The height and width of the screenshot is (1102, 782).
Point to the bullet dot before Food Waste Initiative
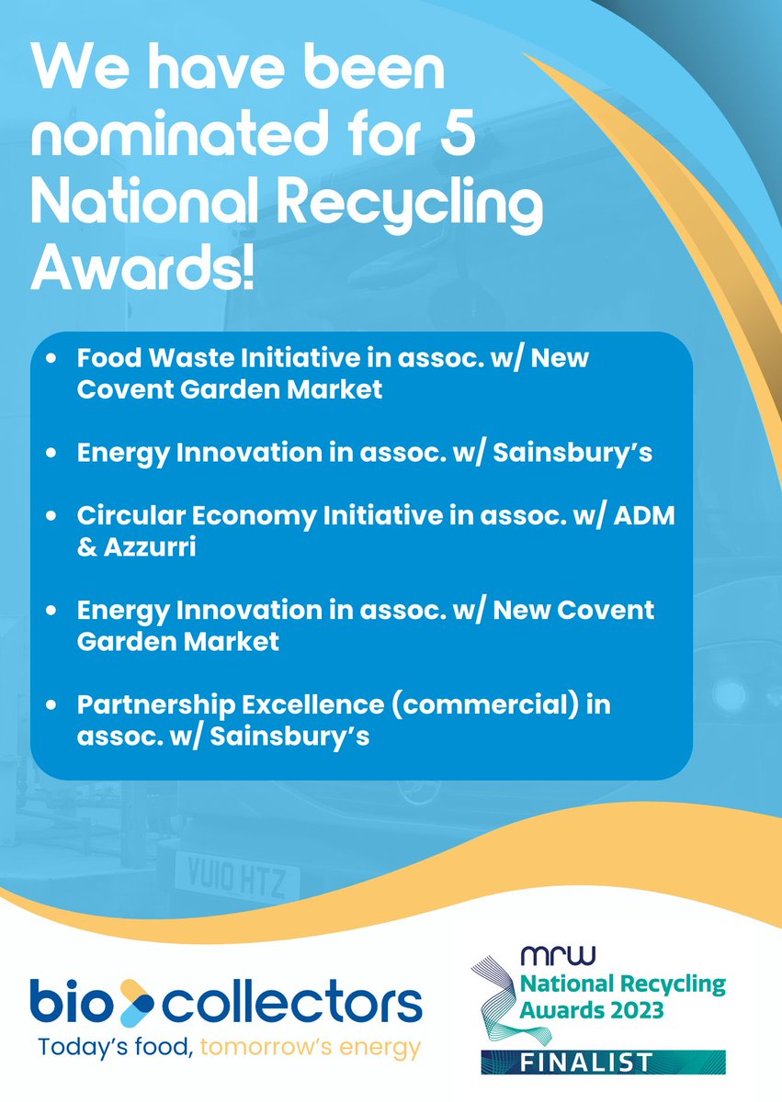pyautogui.click(x=54, y=358)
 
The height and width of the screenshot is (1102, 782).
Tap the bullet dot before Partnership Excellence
pyautogui.click(x=54, y=705)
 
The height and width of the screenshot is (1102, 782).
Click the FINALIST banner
pyautogui.click(x=603, y=1063)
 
